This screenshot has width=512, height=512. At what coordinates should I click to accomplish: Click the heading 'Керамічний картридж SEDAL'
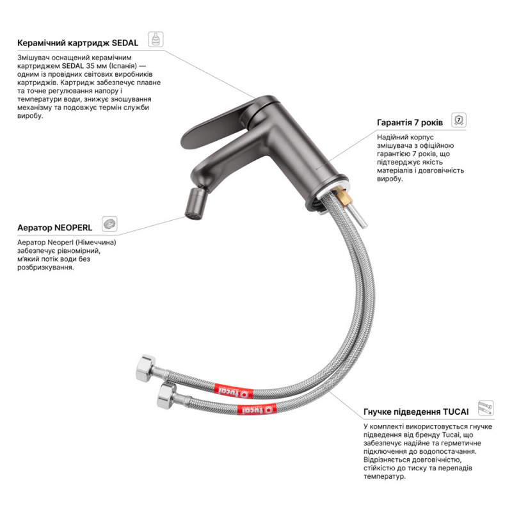(77, 43)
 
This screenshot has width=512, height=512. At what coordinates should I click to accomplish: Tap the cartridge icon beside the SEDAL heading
(156, 39)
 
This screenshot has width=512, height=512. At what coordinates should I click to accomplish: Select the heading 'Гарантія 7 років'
(410, 123)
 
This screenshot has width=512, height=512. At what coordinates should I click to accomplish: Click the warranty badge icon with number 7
(459, 120)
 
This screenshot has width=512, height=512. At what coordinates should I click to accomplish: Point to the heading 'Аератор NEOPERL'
(55, 228)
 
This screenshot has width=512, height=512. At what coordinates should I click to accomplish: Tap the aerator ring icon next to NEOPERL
(109, 224)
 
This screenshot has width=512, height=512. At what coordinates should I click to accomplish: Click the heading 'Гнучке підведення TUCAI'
(416, 412)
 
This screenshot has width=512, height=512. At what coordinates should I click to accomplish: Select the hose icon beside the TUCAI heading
(486, 408)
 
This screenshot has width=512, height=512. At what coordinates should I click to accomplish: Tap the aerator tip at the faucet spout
(196, 204)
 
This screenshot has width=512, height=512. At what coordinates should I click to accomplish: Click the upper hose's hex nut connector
(146, 369)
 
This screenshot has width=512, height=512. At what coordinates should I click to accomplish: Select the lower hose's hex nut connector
(167, 396)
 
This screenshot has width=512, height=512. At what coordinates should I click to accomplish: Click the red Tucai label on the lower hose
(257, 410)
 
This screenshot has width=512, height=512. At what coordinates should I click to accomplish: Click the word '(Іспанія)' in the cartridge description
(124, 67)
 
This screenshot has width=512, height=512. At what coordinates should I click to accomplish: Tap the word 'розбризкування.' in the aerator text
(45, 268)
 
